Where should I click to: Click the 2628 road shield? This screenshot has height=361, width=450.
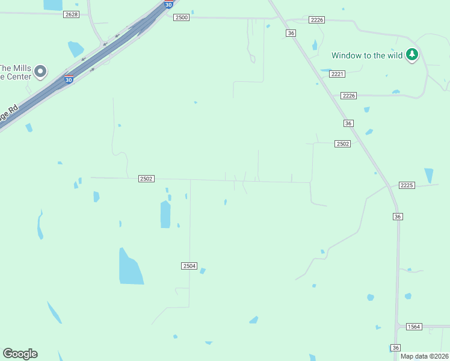coord(71,14)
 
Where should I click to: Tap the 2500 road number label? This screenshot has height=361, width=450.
coord(181,18)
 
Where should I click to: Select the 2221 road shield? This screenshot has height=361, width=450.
coord(337,74)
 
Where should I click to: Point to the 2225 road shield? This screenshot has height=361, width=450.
coord(407,185)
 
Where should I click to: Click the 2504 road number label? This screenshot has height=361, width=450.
coord(189,265)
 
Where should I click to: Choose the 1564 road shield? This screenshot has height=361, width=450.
coord(413,327)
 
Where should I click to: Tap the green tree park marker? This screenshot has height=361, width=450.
coord(411,55)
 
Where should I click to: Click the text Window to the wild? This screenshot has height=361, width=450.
coord(367,56)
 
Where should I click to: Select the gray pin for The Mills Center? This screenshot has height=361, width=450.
coord(40,72)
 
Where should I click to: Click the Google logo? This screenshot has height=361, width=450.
coord(20,354)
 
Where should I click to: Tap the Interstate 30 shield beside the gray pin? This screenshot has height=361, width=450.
coord(69,79)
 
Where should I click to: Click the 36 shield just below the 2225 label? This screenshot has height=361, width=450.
coord(397,216)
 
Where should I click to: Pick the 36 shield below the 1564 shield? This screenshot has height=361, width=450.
coord(395,348)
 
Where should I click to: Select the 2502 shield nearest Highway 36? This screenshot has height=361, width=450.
coord(343,144)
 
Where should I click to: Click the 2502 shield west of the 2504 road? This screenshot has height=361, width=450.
coord(146,179)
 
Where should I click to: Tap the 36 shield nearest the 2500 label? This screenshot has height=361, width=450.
coord(291,34)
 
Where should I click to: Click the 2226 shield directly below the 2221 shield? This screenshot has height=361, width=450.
coord(348,96)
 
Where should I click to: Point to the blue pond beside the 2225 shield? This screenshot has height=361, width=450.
coord(428,175)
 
